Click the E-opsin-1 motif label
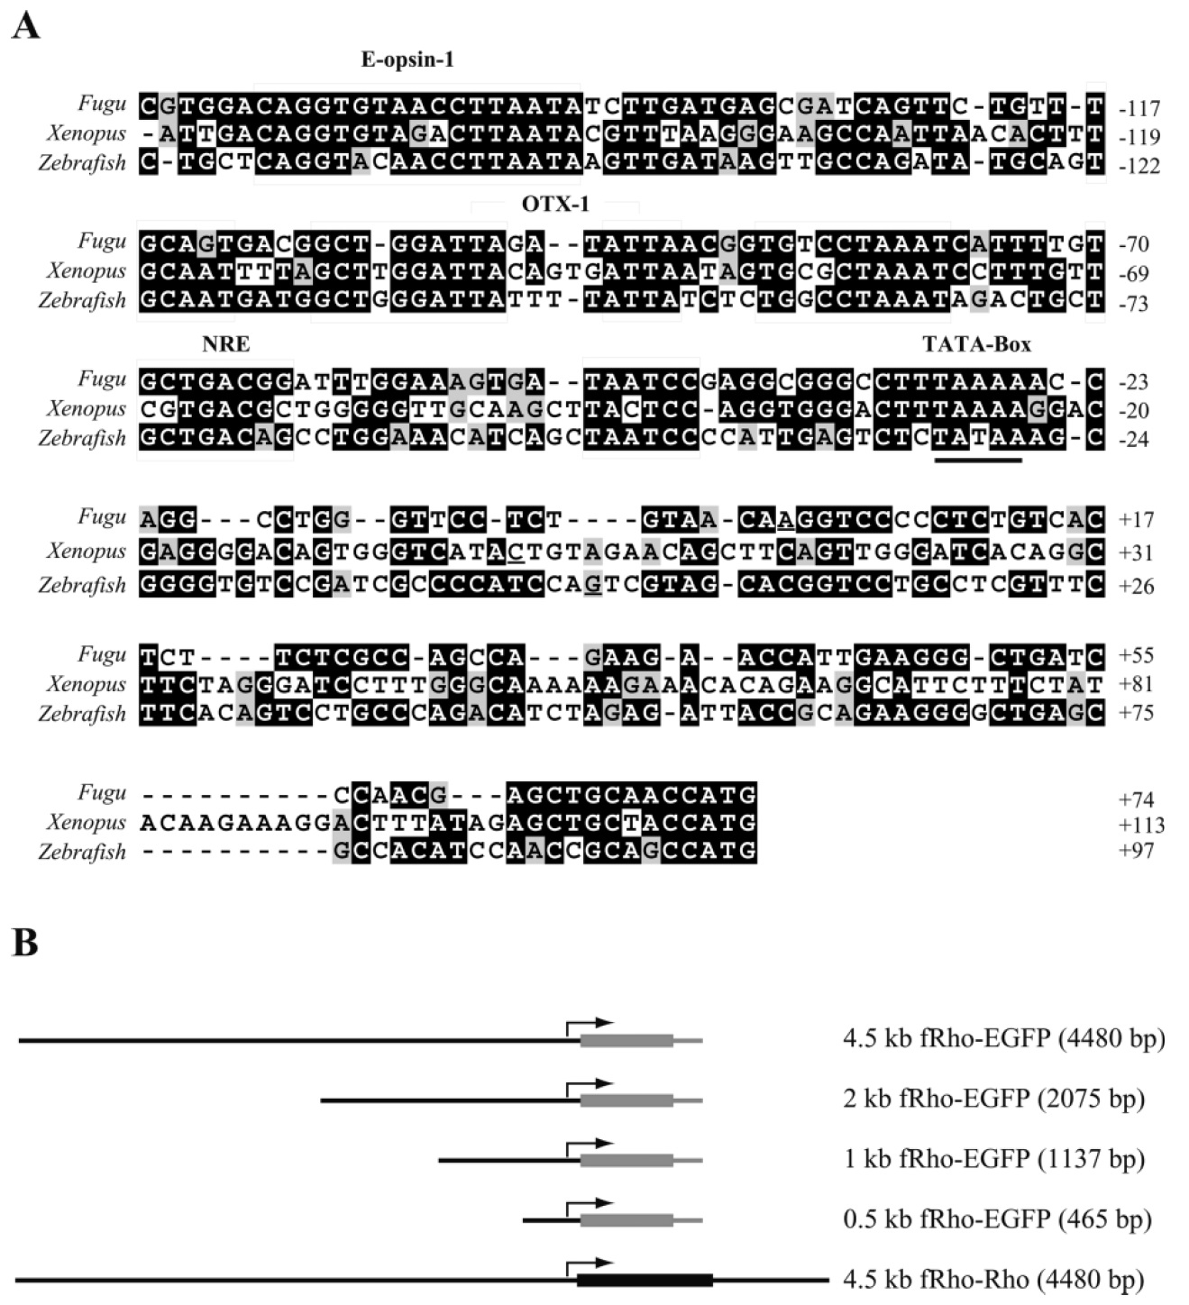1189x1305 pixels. click(407, 59)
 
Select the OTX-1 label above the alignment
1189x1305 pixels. click(555, 205)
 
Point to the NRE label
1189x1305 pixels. click(226, 343)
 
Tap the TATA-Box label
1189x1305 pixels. click(976, 343)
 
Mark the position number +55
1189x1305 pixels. click(1136, 655)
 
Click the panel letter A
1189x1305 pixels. click(26, 27)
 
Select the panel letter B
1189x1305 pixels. click(24, 943)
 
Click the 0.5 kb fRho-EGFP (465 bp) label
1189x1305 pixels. click(997, 1218)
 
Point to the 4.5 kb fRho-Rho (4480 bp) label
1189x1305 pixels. click(993, 1279)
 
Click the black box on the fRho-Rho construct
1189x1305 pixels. click(645, 1280)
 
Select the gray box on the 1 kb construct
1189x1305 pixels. click(627, 1160)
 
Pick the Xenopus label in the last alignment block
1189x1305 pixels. click(86, 822)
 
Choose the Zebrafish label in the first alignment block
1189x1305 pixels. click(82, 162)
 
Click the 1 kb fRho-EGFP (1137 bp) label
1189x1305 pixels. click(993, 1159)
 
